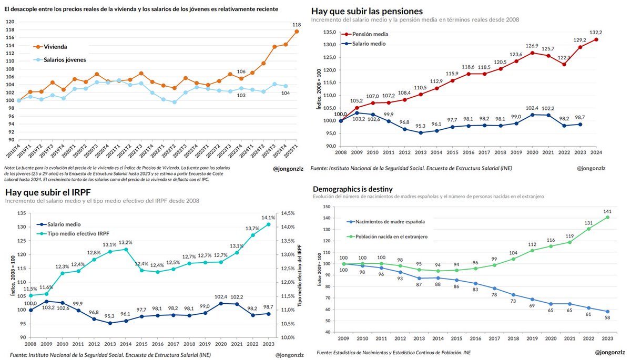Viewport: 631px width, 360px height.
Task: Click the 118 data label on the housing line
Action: [x=297, y=25]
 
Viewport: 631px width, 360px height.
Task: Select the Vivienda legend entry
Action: [x=55, y=47]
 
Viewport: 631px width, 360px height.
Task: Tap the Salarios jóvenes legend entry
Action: [x=64, y=60]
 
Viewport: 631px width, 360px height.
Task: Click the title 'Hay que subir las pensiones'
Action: [x=367, y=11]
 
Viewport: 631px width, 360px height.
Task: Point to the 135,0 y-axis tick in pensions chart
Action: [x=329, y=32]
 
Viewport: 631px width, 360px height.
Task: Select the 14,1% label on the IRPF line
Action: [x=268, y=218]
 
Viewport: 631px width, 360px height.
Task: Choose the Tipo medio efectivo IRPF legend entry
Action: [x=78, y=233]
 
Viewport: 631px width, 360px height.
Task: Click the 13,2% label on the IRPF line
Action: [x=125, y=242]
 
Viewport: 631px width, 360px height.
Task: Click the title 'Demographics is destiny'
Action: [x=352, y=189]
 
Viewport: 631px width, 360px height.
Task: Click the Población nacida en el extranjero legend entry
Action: [x=391, y=237]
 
